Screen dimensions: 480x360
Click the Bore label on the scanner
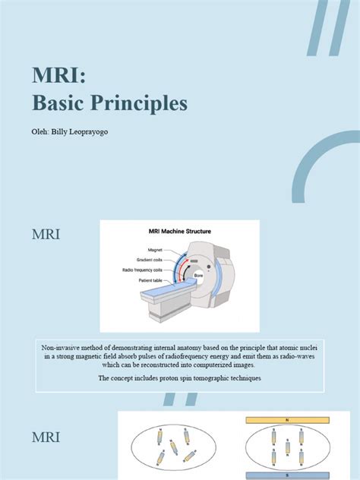point(198,275)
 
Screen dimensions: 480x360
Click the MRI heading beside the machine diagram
point(46,235)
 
